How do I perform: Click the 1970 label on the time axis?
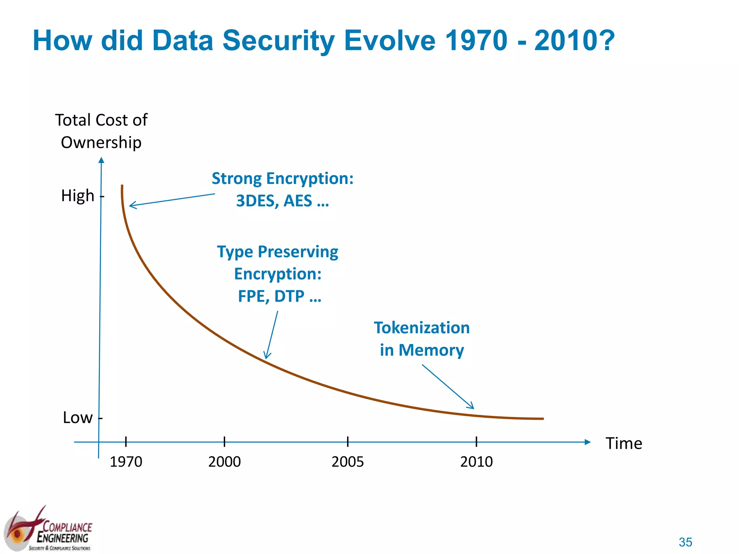tap(126, 462)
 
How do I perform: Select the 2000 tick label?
tap(224, 462)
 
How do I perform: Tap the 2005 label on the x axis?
tap(347, 462)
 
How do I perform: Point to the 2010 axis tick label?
tap(476, 462)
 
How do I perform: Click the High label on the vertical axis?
tap(78, 196)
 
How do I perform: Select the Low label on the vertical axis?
tap(78, 418)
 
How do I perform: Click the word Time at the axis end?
tap(624, 443)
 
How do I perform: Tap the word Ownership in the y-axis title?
tap(101, 142)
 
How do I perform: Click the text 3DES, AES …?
tap(282, 201)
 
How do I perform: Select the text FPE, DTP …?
tap(279, 296)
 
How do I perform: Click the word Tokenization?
tap(421, 328)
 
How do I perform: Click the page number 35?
tap(685, 542)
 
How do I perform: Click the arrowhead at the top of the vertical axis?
tap(101, 160)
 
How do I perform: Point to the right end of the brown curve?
tap(542, 419)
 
